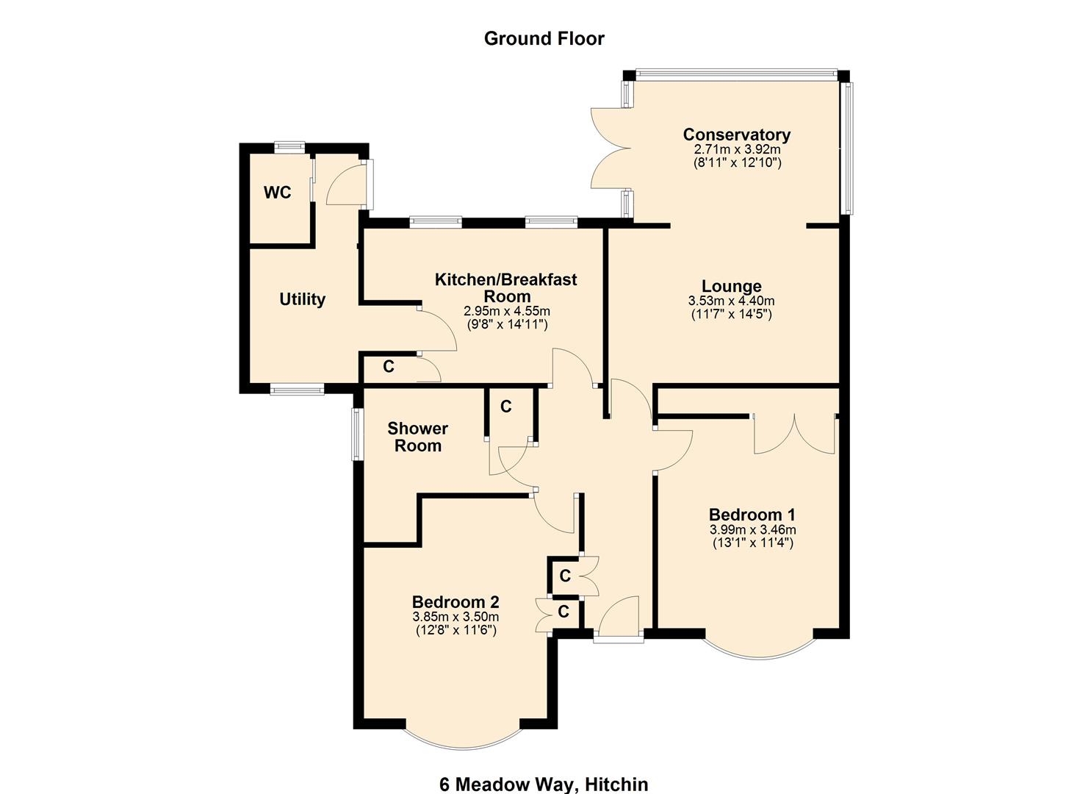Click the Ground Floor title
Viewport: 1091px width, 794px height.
tap(544, 38)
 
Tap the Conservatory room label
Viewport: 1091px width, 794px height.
tap(736, 135)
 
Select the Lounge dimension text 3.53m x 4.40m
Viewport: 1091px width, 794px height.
tap(731, 301)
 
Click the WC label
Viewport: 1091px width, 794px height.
tap(278, 193)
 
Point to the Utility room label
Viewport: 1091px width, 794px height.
tap(302, 299)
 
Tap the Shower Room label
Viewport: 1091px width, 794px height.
tap(417, 437)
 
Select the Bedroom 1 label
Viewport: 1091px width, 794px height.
tap(752, 515)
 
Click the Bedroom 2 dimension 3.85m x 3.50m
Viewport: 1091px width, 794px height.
tap(456, 617)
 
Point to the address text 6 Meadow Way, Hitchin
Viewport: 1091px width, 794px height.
tap(544, 784)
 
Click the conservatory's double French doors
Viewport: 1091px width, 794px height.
tap(610, 149)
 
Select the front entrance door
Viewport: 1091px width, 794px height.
tap(619, 618)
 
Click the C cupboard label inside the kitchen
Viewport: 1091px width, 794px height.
tap(389, 366)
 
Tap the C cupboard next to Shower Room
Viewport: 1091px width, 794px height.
tap(506, 407)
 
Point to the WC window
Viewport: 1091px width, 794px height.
tap(289, 146)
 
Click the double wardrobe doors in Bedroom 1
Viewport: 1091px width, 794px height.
tap(794, 434)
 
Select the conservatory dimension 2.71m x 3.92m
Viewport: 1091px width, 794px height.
tap(736, 149)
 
